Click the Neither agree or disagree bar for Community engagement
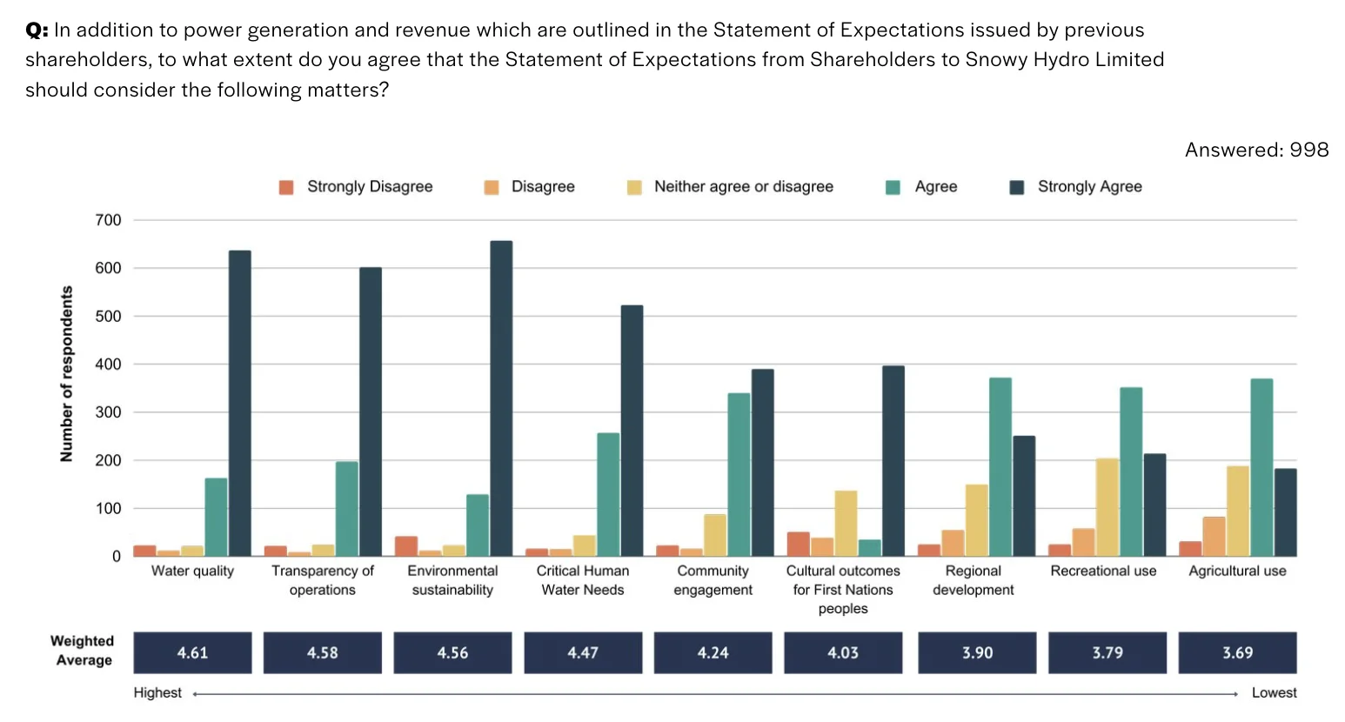click(715, 535)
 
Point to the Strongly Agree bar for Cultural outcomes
click(893, 461)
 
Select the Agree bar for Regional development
click(1000, 467)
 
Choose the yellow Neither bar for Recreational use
click(1107, 507)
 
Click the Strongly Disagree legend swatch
click(286, 187)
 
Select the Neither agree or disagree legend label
click(743, 187)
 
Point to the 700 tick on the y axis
click(109, 220)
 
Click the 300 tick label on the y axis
click(109, 412)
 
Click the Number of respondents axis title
click(67, 374)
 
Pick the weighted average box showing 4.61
click(192, 652)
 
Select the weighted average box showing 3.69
click(1237, 652)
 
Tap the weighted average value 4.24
click(713, 652)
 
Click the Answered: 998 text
click(1256, 150)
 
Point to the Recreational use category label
click(1103, 571)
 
